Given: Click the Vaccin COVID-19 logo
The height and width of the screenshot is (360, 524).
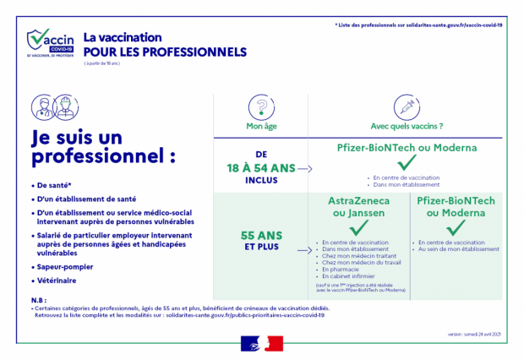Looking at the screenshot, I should [x=50, y=42].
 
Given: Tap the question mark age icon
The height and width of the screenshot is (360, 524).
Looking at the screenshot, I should [x=261, y=108].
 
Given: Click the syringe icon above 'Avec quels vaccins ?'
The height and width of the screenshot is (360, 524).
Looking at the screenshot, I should [x=407, y=108].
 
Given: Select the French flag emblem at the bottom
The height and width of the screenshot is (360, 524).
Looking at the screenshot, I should [x=262, y=342].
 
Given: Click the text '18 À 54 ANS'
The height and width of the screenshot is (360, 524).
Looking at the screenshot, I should [x=261, y=168].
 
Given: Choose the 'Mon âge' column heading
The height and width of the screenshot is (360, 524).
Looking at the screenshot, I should [x=261, y=128].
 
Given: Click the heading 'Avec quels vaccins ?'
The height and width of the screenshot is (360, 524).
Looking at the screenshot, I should [x=407, y=128].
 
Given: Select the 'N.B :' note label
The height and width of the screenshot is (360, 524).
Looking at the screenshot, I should [x=37, y=300].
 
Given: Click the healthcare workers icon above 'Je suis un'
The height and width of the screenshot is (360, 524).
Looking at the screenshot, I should [x=53, y=108].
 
